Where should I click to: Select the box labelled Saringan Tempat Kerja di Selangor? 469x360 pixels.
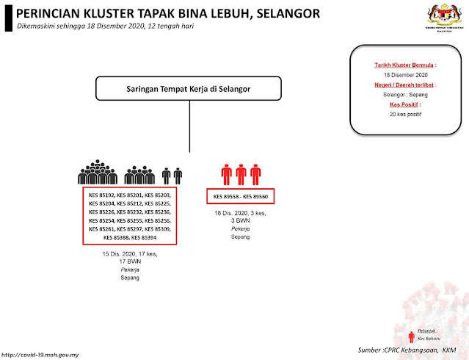tap(189, 90)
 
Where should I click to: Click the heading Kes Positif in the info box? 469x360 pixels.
tap(400, 105)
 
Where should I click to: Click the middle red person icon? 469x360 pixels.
tap(241, 174)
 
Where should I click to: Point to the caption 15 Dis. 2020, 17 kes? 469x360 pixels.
tap(130, 254)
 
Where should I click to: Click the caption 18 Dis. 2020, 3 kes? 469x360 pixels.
tap(240, 213)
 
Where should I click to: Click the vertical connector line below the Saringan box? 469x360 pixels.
tap(189, 129)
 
